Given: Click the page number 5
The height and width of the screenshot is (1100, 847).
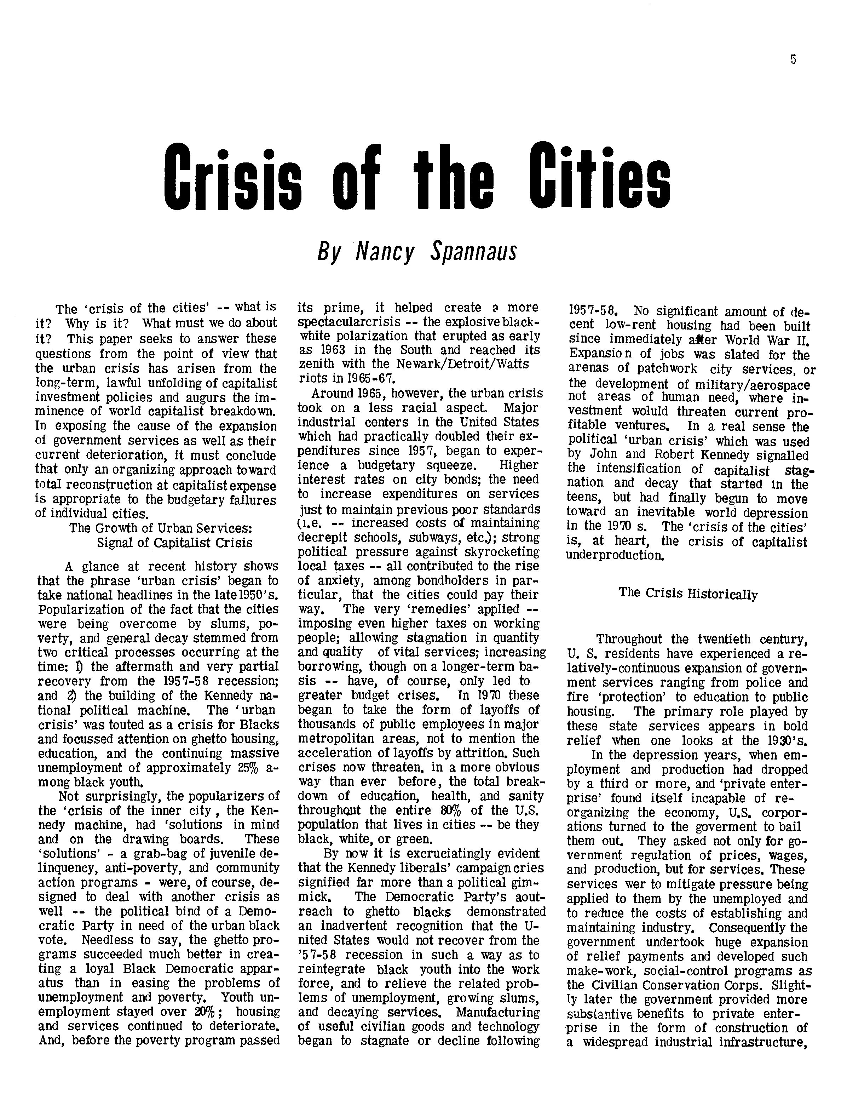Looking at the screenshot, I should [793, 59].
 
